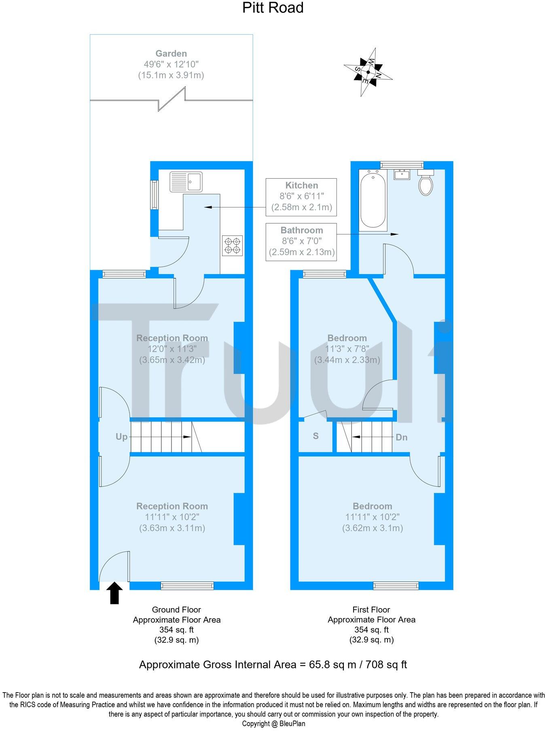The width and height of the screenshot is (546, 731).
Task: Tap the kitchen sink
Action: coord(186,182)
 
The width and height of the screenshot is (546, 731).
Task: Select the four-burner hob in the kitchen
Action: coord(233,245)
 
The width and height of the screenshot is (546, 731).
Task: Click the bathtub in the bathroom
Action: coord(372,200)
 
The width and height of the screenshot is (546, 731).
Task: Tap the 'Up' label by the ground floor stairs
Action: coord(121,437)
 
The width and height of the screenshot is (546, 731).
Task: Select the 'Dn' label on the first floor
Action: coord(401,437)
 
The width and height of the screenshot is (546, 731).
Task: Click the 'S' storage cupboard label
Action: coord(315,436)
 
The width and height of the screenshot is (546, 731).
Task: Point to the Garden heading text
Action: coord(171,53)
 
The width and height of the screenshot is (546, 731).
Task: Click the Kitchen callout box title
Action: coord(301,185)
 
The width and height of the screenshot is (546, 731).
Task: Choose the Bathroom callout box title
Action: coord(302,230)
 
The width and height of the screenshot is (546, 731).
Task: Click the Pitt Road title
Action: coord(273,7)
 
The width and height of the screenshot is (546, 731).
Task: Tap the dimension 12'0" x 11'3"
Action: coord(172,349)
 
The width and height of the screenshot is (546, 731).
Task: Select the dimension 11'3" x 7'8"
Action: coord(347,349)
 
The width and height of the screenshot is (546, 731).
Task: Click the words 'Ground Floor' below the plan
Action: coord(176,609)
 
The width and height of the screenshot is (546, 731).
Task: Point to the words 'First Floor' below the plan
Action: coord(371,609)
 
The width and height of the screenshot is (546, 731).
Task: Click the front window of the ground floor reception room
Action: coord(187,585)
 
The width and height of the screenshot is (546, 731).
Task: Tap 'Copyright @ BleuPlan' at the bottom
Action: coord(273,724)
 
